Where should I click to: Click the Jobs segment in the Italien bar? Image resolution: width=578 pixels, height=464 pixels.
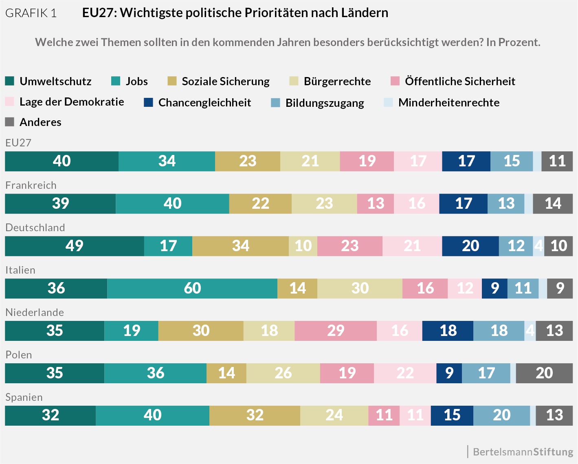192,288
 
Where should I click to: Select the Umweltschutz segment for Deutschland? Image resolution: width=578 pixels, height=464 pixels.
75,246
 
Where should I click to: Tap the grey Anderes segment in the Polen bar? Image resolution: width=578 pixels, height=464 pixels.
544,373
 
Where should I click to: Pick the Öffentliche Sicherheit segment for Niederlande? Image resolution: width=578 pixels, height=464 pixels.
336,331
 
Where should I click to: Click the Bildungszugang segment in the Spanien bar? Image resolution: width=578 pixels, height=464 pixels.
501,415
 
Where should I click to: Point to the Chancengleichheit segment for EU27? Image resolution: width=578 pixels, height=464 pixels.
466,161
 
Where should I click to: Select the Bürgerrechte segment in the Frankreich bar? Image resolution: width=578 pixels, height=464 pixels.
324,203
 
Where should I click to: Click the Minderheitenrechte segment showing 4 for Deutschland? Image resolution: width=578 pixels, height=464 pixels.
538,246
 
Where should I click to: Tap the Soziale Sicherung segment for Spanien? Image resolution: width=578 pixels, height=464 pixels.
255,415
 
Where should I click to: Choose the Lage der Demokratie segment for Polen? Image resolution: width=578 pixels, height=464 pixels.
405,373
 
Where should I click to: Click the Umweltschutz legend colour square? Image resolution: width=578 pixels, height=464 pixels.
10,81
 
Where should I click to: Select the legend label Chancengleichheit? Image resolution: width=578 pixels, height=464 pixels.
204,102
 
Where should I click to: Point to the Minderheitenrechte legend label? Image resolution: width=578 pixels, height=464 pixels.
448,102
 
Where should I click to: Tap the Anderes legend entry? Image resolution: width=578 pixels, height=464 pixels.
40,122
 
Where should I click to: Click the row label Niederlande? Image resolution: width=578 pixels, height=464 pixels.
35,312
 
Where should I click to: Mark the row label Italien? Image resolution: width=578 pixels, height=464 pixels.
20,270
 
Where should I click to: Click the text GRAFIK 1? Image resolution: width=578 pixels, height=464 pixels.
31,13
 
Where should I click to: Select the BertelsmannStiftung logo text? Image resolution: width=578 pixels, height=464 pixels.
523,452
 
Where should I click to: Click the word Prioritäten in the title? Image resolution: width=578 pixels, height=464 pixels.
276,13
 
